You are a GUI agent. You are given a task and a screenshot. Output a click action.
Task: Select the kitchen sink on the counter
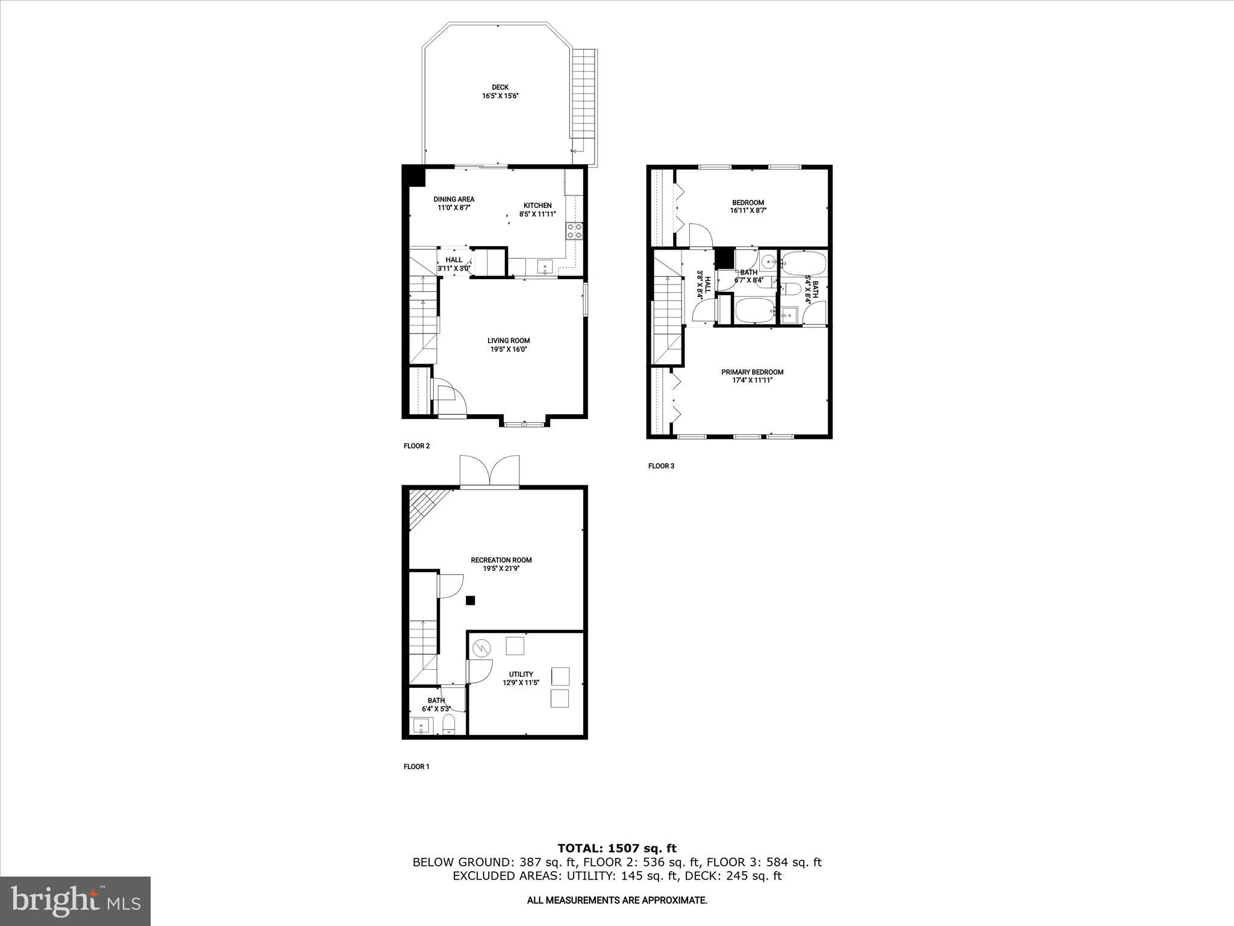pos(545,266)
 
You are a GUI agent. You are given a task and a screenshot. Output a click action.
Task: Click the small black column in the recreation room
pos(471,600)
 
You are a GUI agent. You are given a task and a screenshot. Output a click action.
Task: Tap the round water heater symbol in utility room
pos(481,648)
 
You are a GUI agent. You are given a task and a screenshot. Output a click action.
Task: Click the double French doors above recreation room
pos(489,472)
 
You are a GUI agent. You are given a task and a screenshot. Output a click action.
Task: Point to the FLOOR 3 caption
pos(661,466)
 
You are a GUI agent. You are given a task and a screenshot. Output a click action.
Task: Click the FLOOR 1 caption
pos(416,767)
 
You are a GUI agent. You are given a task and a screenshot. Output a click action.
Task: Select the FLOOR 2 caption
pos(416,446)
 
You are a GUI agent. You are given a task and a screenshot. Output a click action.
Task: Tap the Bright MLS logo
pos(75,901)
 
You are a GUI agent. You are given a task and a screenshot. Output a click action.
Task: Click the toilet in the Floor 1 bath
pos(449,725)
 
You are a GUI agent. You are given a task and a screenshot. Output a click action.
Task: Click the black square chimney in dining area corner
pos(415,177)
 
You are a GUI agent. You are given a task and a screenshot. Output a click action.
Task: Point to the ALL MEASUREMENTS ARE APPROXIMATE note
pos(616,900)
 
